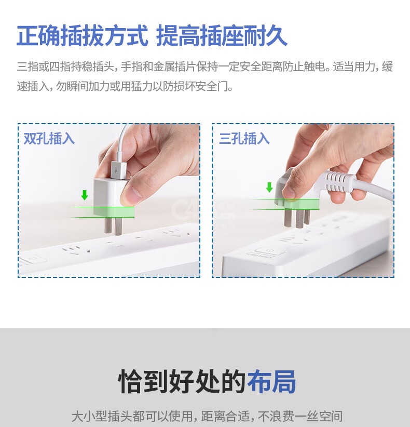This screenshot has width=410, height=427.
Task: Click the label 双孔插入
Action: (x=49, y=138)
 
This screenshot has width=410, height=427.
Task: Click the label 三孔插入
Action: (x=244, y=138)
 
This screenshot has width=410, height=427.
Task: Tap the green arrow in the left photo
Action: (x=85, y=195)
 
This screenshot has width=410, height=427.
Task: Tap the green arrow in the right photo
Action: (x=269, y=188)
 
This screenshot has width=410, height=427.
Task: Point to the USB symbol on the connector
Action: (x=117, y=170)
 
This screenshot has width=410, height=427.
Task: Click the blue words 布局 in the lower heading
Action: (x=271, y=381)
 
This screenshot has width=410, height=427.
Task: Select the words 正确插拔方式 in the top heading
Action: (x=82, y=36)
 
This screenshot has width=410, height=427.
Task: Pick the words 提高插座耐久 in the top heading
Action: (x=222, y=36)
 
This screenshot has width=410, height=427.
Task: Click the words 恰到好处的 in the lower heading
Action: (x=182, y=381)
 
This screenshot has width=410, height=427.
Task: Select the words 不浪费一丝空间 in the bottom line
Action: (x=300, y=416)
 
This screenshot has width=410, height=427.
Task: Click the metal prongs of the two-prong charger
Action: (x=113, y=226)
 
